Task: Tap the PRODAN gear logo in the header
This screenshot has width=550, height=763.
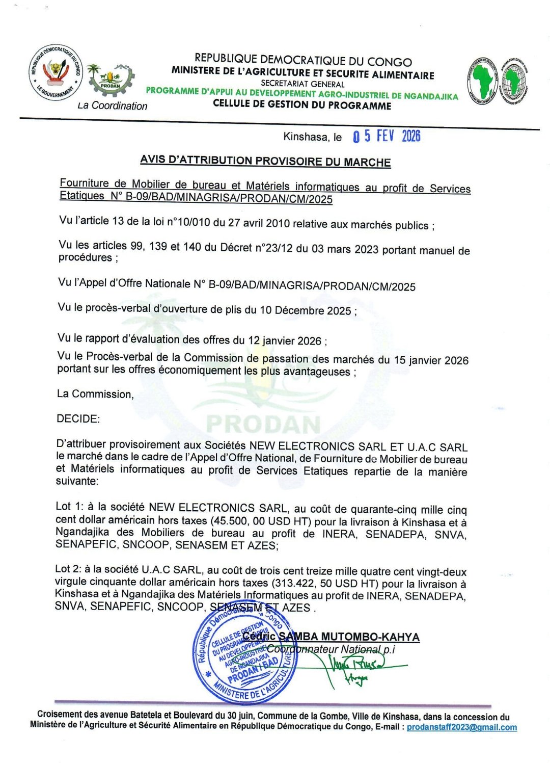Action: (111, 81)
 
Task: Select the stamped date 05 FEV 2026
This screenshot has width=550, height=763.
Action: (387, 136)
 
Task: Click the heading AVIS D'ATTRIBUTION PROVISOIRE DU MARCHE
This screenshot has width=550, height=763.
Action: (265, 161)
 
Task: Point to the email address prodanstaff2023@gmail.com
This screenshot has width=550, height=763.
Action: (461, 727)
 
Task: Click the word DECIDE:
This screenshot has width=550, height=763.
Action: (78, 419)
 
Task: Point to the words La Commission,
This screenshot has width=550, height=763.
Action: (95, 394)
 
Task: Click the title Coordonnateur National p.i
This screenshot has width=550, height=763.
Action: (331, 649)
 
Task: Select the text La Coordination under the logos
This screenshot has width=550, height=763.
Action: (112, 106)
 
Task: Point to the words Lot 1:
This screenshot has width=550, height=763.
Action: (70, 507)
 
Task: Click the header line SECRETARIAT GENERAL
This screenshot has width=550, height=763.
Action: (302, 84)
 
